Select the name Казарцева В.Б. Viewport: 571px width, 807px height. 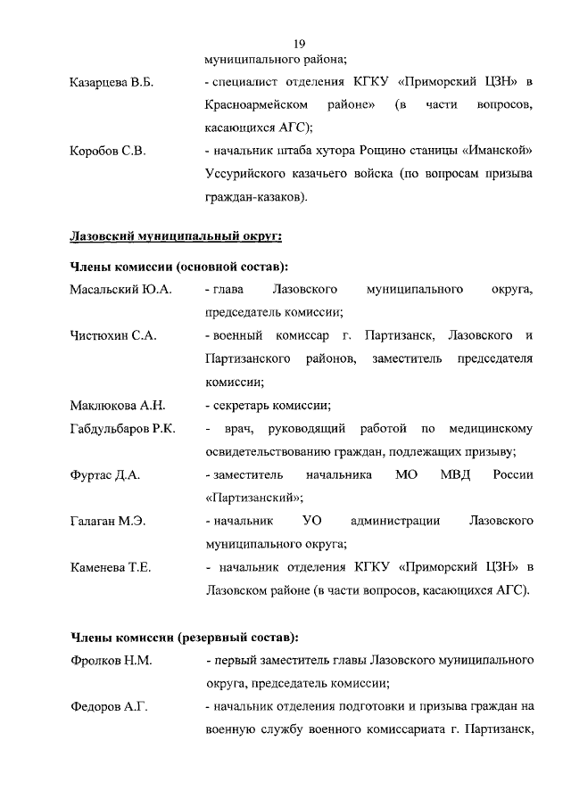(112, 83)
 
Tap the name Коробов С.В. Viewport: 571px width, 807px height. (107, 151)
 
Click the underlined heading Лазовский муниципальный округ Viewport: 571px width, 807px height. (176, 235)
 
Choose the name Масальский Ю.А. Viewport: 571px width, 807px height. (120, 290)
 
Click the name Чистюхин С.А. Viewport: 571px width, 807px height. (113, 335)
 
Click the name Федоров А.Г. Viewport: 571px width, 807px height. (108, 707)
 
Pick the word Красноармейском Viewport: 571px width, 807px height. (250, 105)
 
